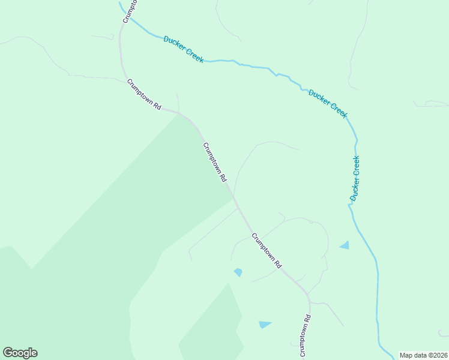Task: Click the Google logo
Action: (x=20, y=353)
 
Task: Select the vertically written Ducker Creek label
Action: (x=355, y=178)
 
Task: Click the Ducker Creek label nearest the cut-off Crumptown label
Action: (x=184, y=49)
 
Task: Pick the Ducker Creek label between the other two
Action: (x=328, y=103)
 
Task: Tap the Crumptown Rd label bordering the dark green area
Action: (x=214, y=162)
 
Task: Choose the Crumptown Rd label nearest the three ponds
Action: (x=267, y=250)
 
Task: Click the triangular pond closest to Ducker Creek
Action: (x=345, y=245)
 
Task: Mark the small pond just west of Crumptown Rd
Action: (x=238, y=272)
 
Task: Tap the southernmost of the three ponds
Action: (x=265, y=325)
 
